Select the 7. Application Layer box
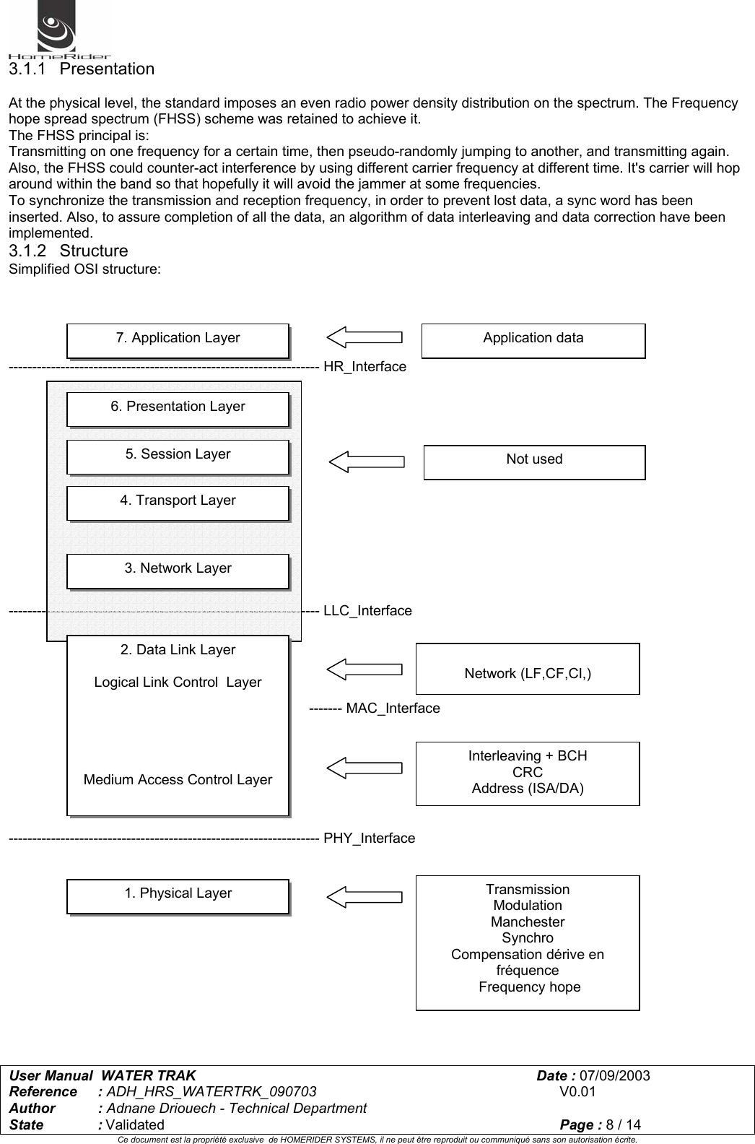tap(178, 340)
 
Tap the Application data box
tap(533, 340)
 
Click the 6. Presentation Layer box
tap(178, 409)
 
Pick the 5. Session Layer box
tap(178, 456)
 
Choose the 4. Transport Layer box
tap(178, 503)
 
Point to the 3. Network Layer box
tap(178, 571)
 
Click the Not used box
tap(534, 461)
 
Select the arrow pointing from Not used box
tap(367, 461)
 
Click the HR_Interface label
tap(365, 367)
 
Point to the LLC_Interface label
tap(367, 611)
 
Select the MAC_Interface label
tap(393, 708)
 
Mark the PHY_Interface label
tap(369, 838)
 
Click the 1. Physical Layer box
tap(178, 896)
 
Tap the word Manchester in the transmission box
tap(528, 922)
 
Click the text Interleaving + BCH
tap(528, 756)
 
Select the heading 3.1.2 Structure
tap(68, 251)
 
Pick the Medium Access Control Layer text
tap(178, 780)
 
